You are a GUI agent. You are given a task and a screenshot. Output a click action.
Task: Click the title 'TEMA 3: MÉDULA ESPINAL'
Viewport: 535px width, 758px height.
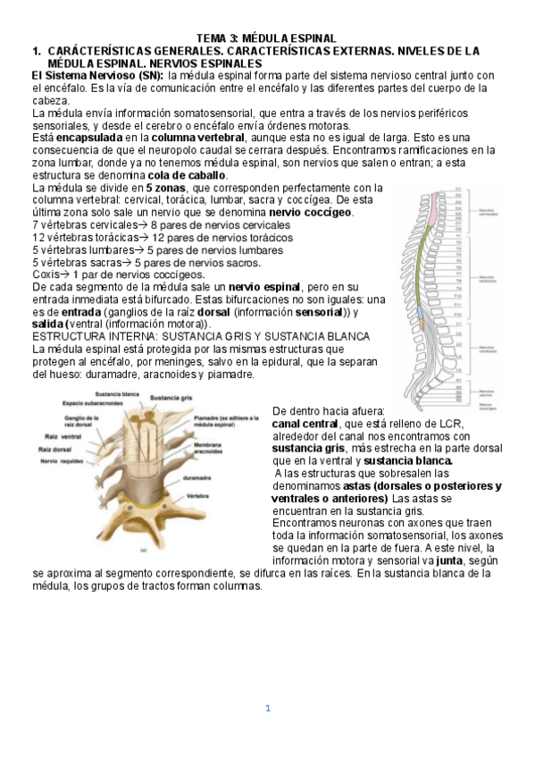(266, 38)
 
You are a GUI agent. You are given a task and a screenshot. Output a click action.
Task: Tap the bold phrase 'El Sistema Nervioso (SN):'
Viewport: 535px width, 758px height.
(97, 76)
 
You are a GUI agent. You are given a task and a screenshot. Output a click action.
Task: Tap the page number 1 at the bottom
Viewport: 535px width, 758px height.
(266, 709)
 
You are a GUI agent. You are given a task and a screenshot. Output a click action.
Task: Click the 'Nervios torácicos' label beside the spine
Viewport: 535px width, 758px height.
(494, 278)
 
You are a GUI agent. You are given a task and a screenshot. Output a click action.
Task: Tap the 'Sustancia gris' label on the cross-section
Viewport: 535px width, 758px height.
(169, 398)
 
